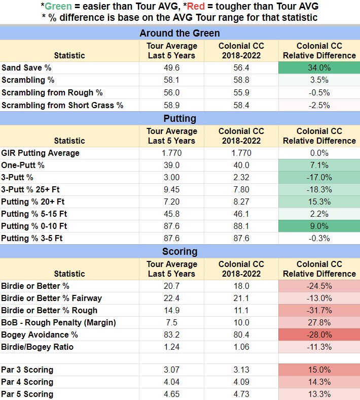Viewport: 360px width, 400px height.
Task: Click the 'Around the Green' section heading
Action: tap(180, 34)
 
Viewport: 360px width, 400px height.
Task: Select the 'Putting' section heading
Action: tap(180, 119)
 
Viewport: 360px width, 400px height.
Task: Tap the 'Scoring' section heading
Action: tap(180, 252)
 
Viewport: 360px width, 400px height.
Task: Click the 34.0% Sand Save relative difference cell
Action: tap(319, 68)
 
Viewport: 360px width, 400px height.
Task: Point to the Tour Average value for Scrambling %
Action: tap(171, 80)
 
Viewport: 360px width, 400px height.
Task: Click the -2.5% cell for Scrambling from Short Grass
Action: tap(319, 106)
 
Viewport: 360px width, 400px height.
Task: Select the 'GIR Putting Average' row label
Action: tap(40, 153)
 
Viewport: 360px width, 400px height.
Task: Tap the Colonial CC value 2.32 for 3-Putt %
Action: tap(241, 178)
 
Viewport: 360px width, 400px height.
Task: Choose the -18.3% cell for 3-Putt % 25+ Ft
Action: tap(319, 190)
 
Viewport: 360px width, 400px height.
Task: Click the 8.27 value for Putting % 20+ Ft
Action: tap(241, 202)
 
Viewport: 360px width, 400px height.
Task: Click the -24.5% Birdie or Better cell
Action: tap(319, 286)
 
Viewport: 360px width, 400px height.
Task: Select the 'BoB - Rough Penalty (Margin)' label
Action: tap(58, 323)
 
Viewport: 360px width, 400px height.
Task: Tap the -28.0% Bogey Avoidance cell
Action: tap(319, 335)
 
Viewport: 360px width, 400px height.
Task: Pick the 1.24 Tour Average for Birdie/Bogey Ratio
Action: tap(171, 347)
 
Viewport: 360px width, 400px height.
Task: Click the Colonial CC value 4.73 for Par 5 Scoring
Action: tap(241, 394)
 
